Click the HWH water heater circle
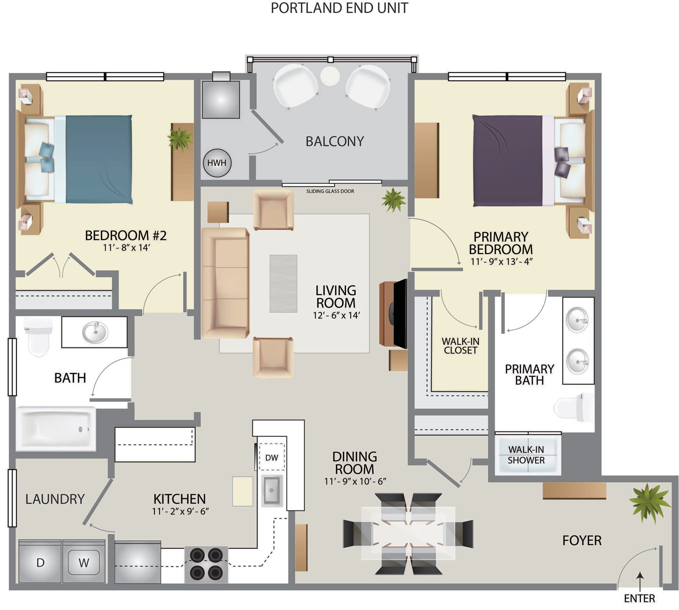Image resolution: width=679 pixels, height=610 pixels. tap(217, 163)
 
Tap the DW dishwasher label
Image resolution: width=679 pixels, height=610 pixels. tap(272, 457)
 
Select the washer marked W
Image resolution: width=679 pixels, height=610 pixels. tap(84, 563)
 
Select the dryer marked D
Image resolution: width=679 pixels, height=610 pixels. tap(40, 563)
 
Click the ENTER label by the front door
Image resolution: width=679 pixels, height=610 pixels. tap(639, 598)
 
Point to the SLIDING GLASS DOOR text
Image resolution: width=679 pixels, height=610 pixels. tap(330, 191)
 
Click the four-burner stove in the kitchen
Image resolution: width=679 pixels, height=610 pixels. tap(206, 564)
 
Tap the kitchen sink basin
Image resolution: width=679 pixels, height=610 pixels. tap(272, 490)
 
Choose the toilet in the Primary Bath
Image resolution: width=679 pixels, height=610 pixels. tap(574, 407)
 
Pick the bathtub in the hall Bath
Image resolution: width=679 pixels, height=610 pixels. tap(56, 429)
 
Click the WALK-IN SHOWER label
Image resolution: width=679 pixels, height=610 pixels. tap(526, 455)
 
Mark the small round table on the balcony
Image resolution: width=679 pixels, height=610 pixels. tap(330, 76)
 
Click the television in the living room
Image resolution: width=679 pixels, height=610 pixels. tap(400, 313)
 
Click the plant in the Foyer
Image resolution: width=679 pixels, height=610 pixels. tap(649, 503)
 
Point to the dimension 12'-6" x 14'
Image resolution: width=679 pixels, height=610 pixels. tap(336, 315)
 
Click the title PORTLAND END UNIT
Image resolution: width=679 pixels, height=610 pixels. tap(339, 8)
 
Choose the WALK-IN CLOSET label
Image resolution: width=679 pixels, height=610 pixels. tap(460, 346)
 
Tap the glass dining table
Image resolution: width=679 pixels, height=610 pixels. tap(408, 533)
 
